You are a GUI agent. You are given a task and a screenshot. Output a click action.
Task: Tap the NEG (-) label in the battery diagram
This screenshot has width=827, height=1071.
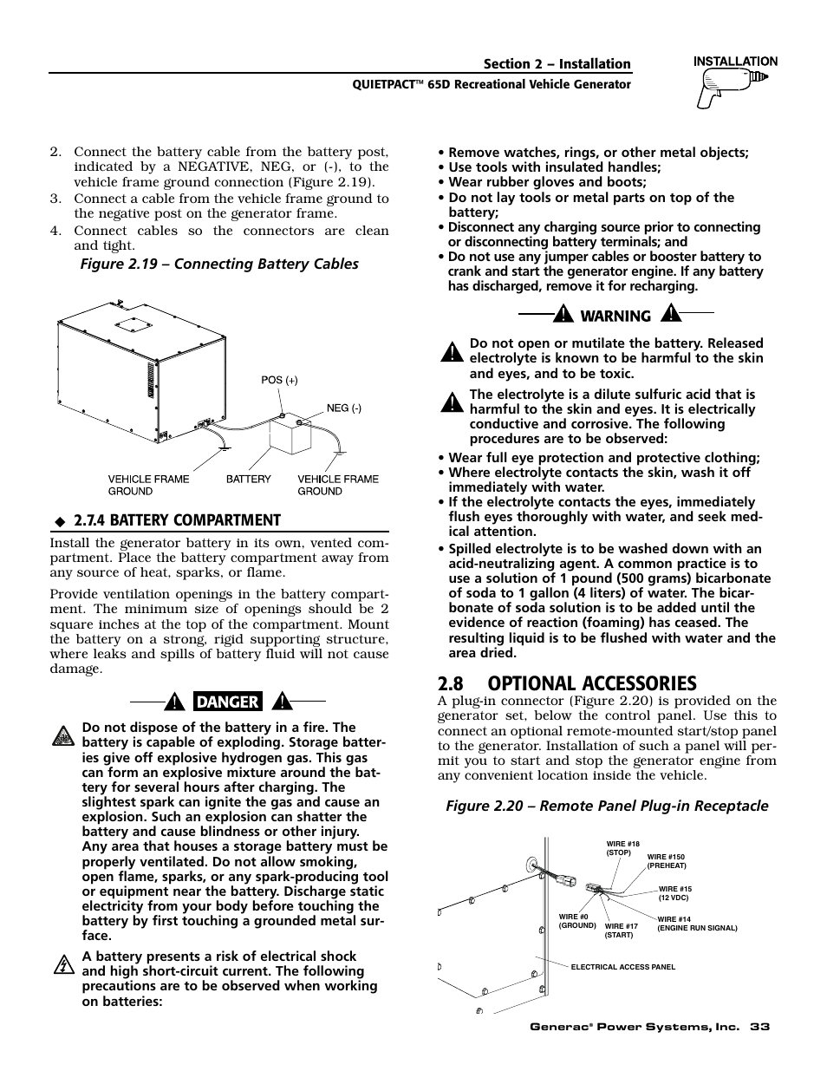[x=343, y=408]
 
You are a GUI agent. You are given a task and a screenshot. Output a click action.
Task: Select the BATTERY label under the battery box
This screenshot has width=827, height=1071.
[x=249, y=479]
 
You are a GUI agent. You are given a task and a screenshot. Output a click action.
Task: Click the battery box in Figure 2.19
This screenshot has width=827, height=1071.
[x=290, y=434]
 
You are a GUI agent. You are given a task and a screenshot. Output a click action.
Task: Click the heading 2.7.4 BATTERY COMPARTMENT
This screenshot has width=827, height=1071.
[x=177, y=520]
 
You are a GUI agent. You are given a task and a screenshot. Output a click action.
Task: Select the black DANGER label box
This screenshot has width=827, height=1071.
[x=228, y=702]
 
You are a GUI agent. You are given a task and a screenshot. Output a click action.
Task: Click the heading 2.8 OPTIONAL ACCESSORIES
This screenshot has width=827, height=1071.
[x=567, y=683]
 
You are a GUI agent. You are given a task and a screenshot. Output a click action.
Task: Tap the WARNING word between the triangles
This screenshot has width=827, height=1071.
[x=615, y=317]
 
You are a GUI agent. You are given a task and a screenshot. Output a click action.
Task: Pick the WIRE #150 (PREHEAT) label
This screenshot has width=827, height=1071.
[x=666, y=861]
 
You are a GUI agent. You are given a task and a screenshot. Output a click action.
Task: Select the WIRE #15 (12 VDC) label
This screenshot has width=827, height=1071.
[x=674, y=893]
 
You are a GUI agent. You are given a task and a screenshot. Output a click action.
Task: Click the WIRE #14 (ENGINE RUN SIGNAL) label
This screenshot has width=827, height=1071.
[x=696, y=924]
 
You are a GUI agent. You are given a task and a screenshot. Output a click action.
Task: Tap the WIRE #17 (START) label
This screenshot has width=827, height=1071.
[x=621, y=931]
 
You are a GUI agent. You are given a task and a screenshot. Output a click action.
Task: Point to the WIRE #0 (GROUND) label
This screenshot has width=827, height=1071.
[x=577, y=921]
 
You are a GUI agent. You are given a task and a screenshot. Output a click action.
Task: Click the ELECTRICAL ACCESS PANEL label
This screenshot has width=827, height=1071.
[x=622, y=967]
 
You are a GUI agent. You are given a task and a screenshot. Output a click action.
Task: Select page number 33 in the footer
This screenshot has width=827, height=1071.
[x=760, y=1027]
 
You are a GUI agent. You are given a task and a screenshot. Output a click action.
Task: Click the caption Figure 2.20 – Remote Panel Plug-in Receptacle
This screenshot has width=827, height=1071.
[x=607, y=807]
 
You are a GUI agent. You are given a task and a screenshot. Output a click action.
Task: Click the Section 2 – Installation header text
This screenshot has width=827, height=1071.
[x=557, y=64]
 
